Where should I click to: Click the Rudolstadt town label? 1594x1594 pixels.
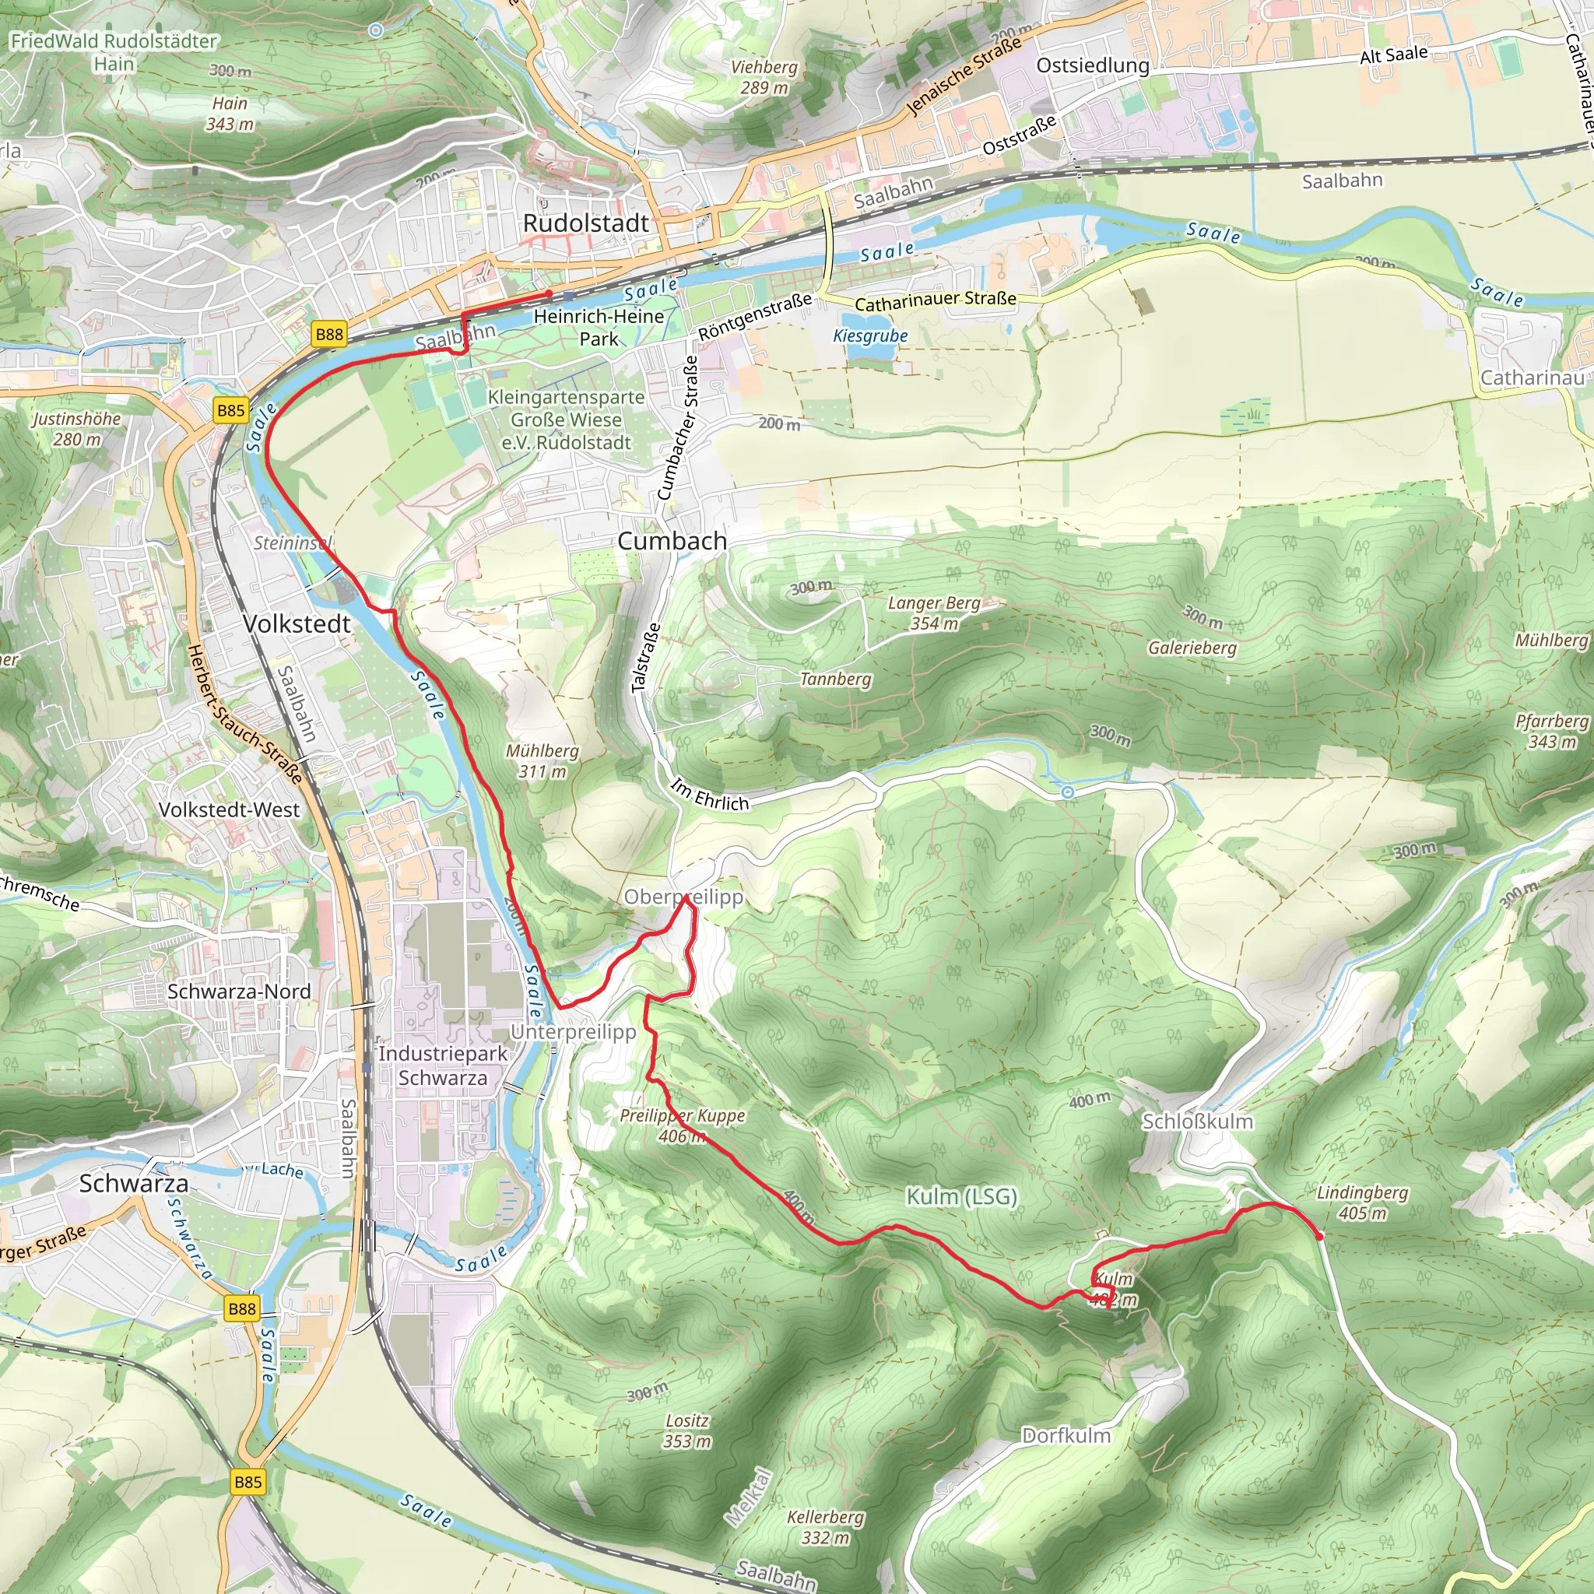[x=586, y=223]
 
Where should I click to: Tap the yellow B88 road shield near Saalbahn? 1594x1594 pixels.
[x=329, y=334]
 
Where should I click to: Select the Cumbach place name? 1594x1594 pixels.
[x=672, y=541]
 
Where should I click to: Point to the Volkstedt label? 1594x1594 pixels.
[x=297, y=623]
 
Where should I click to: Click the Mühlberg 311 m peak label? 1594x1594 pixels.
[x=542, y=760]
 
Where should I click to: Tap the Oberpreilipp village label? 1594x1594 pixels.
[x=683, y=897]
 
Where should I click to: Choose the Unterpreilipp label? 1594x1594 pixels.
[x=574, y=1031]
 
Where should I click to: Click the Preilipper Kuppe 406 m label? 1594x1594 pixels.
[x=683, y=1125]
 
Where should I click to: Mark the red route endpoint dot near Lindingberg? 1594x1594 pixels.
[x=1320, y=1236]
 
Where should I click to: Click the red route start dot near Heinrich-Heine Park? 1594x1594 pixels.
[x=549, y=293]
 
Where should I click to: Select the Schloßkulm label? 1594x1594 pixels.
[x=1197, y=1122]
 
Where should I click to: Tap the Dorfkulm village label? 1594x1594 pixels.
[x=1066, y=1435]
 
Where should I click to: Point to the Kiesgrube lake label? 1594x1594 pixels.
[x=869, y=335]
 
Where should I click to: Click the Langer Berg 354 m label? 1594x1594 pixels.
[x=934, y=613]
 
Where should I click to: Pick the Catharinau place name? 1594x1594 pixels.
[x=1531, y=377]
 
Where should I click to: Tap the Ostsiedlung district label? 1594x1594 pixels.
[x=1092, y=65]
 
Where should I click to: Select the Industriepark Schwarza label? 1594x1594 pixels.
[x=443, y=1066]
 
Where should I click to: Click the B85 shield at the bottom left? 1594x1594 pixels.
[x=248, y=1482]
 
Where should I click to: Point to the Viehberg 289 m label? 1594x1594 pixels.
[x=764, y=77]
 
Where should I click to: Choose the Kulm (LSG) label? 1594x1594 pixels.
[x=961, y=1196]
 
